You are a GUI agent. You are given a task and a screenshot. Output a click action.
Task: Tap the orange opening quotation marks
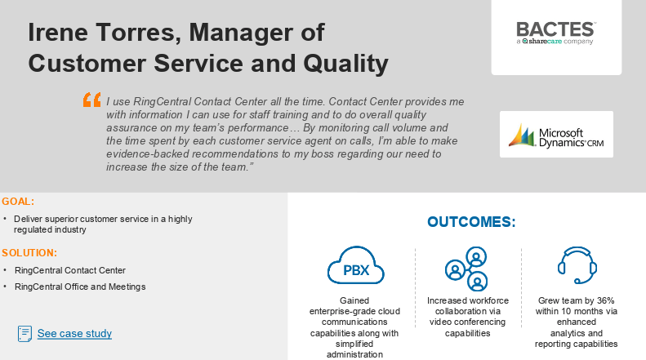pyautogui.click(x=92, y=100)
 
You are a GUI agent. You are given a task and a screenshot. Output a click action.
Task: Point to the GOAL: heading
pyautogui.click(x=18, y=202)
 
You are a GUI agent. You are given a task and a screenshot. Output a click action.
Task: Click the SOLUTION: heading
pyautogui.click(x=29, y=252)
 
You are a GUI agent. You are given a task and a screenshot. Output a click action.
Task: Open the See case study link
pyautogui.click(x=74, y=333)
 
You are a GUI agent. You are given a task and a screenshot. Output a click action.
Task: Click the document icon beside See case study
pyautogui.click(x=25, y=333)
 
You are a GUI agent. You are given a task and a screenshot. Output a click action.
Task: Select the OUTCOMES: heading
pyautogui.click(x=471, y=222)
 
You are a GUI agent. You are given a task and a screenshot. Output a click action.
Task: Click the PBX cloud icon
pyautogui.click(x=355, y=265)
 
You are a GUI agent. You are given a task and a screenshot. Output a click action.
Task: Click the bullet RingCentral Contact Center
pyautogui.click(x=70, y=270)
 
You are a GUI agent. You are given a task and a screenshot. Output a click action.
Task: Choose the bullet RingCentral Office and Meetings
pyautogui.click(x=80, y=287)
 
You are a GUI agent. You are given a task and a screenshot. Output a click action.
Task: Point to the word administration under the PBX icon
pyautogui.click(x=354, y=355)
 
